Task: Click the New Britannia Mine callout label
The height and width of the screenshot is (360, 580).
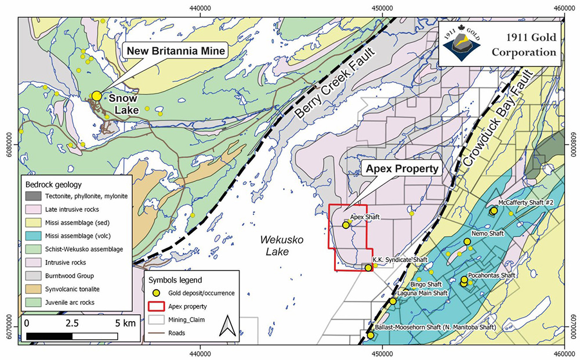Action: (175, 51)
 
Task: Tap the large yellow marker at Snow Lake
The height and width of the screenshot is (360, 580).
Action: (96, 96)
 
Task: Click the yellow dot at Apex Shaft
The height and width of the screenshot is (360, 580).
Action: (346, 226)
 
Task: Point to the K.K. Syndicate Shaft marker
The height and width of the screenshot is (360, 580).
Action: (368, 267)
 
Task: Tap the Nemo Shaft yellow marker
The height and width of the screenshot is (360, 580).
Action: (467, 242)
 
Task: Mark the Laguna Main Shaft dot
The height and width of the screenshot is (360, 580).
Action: (393, 301)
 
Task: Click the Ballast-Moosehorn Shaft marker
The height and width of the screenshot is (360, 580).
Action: (371, 335)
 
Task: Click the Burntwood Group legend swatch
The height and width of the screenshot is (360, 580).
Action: (36, 275)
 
